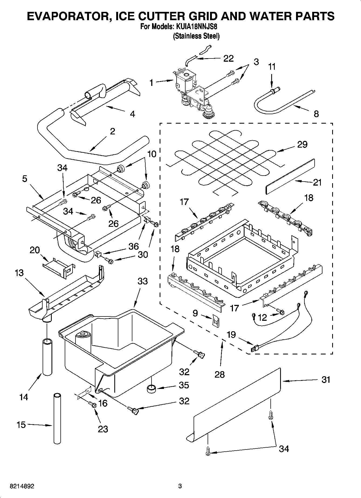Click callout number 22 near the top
click(228, 58)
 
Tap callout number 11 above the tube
click(272, 67)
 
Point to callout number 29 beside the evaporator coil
click(302, 144)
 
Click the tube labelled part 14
click(47, 357)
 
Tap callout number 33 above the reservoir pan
click(143, 281)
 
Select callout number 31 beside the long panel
click(326, 380)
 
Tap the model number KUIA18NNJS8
click(197, 27)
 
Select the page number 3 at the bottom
click(180, 486)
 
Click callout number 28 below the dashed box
click(220, 374)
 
